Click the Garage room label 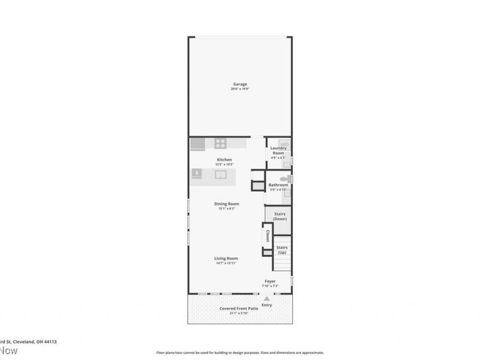[x=240, y=84]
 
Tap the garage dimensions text [x=240, y=89]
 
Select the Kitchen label [x=224, y=159]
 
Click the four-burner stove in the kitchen [x=220, y=143]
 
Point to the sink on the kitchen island [x=220, y=175]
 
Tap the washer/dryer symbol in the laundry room [x=286, y=145]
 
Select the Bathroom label [x=278, y=185]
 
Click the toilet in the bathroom [x=284, y=179]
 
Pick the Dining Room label [x=227, y=204]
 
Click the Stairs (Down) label [x=280, y=217]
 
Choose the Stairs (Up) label [x=282, y=250]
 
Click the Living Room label [x=226, y=259]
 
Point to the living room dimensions [x=226, y=263]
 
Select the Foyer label [x=270, y=281]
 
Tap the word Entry [x=267, y=305]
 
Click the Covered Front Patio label [x=239, y=308]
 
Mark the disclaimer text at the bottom [x=240, y=353]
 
